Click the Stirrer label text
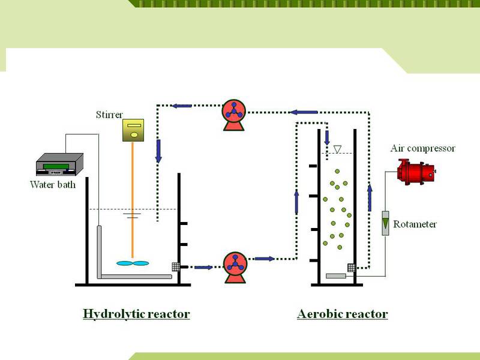[110, 114]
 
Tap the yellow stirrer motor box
[133, 130]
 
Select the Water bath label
[53, 184]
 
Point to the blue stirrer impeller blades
[132, 263]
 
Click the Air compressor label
[423, 148]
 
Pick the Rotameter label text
[415, 224]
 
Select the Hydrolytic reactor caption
[136, 314]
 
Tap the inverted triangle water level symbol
[337, 149]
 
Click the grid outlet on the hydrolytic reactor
[176, 266]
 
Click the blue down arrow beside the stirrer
[158, 151]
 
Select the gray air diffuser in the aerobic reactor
[337, 276]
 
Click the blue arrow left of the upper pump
[181, 106]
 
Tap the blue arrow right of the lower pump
[265, 259]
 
